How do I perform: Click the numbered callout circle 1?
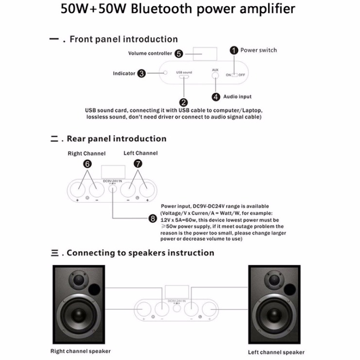pos(234,50)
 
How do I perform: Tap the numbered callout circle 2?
pos(184,103)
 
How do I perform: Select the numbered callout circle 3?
pos(141,73)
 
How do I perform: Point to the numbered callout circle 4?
pos(216,96)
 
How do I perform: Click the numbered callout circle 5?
pos(179,53)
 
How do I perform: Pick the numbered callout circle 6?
pos(87,164)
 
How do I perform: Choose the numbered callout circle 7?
pos(137,164)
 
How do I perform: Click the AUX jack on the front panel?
pos(216,77)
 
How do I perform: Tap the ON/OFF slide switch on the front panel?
pos(235,75)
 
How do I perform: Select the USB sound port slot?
pos(184,77)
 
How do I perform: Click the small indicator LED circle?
pos(166,73)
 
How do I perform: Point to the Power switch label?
pos(258,50)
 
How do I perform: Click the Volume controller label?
pos(150,53)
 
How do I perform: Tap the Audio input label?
pos(238,97)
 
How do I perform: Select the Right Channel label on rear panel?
pos(86,154)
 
